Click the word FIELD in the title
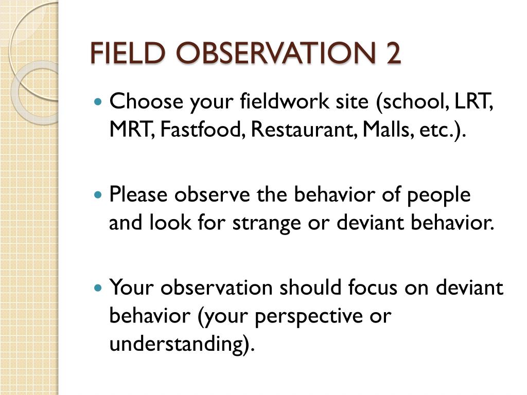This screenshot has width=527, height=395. point(128,53)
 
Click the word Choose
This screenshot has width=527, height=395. point(146,101)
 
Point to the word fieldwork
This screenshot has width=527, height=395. point(285,101)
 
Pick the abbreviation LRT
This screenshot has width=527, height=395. point(473,101)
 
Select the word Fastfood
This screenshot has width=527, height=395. point(201,129)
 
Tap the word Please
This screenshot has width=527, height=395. point(138,194)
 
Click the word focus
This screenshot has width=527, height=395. point(373,288)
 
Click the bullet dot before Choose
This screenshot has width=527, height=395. point(98,101)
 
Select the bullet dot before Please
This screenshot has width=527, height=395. point(98,194)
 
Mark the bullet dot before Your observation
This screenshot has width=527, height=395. point(98,288)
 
